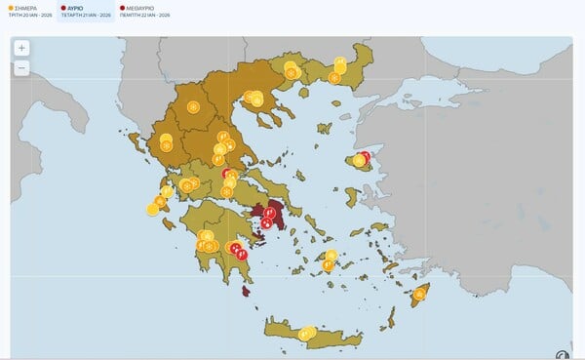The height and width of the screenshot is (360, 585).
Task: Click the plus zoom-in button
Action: click(x=21, y=48)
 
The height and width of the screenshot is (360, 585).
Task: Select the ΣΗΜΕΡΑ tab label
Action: click(x=26, y=6)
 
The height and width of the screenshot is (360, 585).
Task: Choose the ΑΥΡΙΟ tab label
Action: click(x=76, y=6)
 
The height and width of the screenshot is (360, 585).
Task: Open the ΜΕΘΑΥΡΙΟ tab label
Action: click(x=141, y=6)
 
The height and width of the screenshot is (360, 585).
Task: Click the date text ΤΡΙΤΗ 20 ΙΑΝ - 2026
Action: click(x=30, y=15)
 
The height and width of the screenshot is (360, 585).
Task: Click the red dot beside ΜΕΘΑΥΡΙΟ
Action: click(x=122, y=6)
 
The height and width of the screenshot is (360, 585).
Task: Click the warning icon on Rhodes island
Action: click(x=419, y=294)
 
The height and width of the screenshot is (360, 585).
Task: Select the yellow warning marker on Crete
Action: click(x=307, y=334)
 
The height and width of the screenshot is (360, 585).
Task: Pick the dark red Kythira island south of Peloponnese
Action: click(x=248, y=290)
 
